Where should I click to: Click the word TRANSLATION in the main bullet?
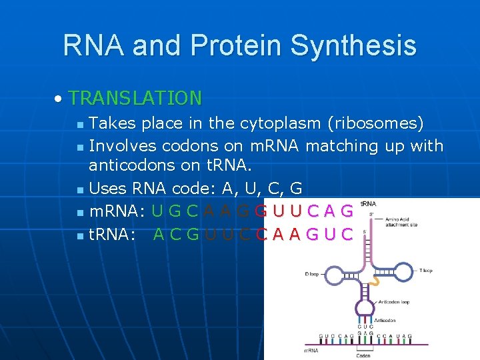(135, 98)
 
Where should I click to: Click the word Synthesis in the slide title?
(354, 45)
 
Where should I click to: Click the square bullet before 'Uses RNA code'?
(80, 190)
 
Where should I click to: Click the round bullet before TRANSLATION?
(59, 99)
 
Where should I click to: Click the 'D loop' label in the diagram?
(312, 273)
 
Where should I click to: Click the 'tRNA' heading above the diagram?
(367, 203)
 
